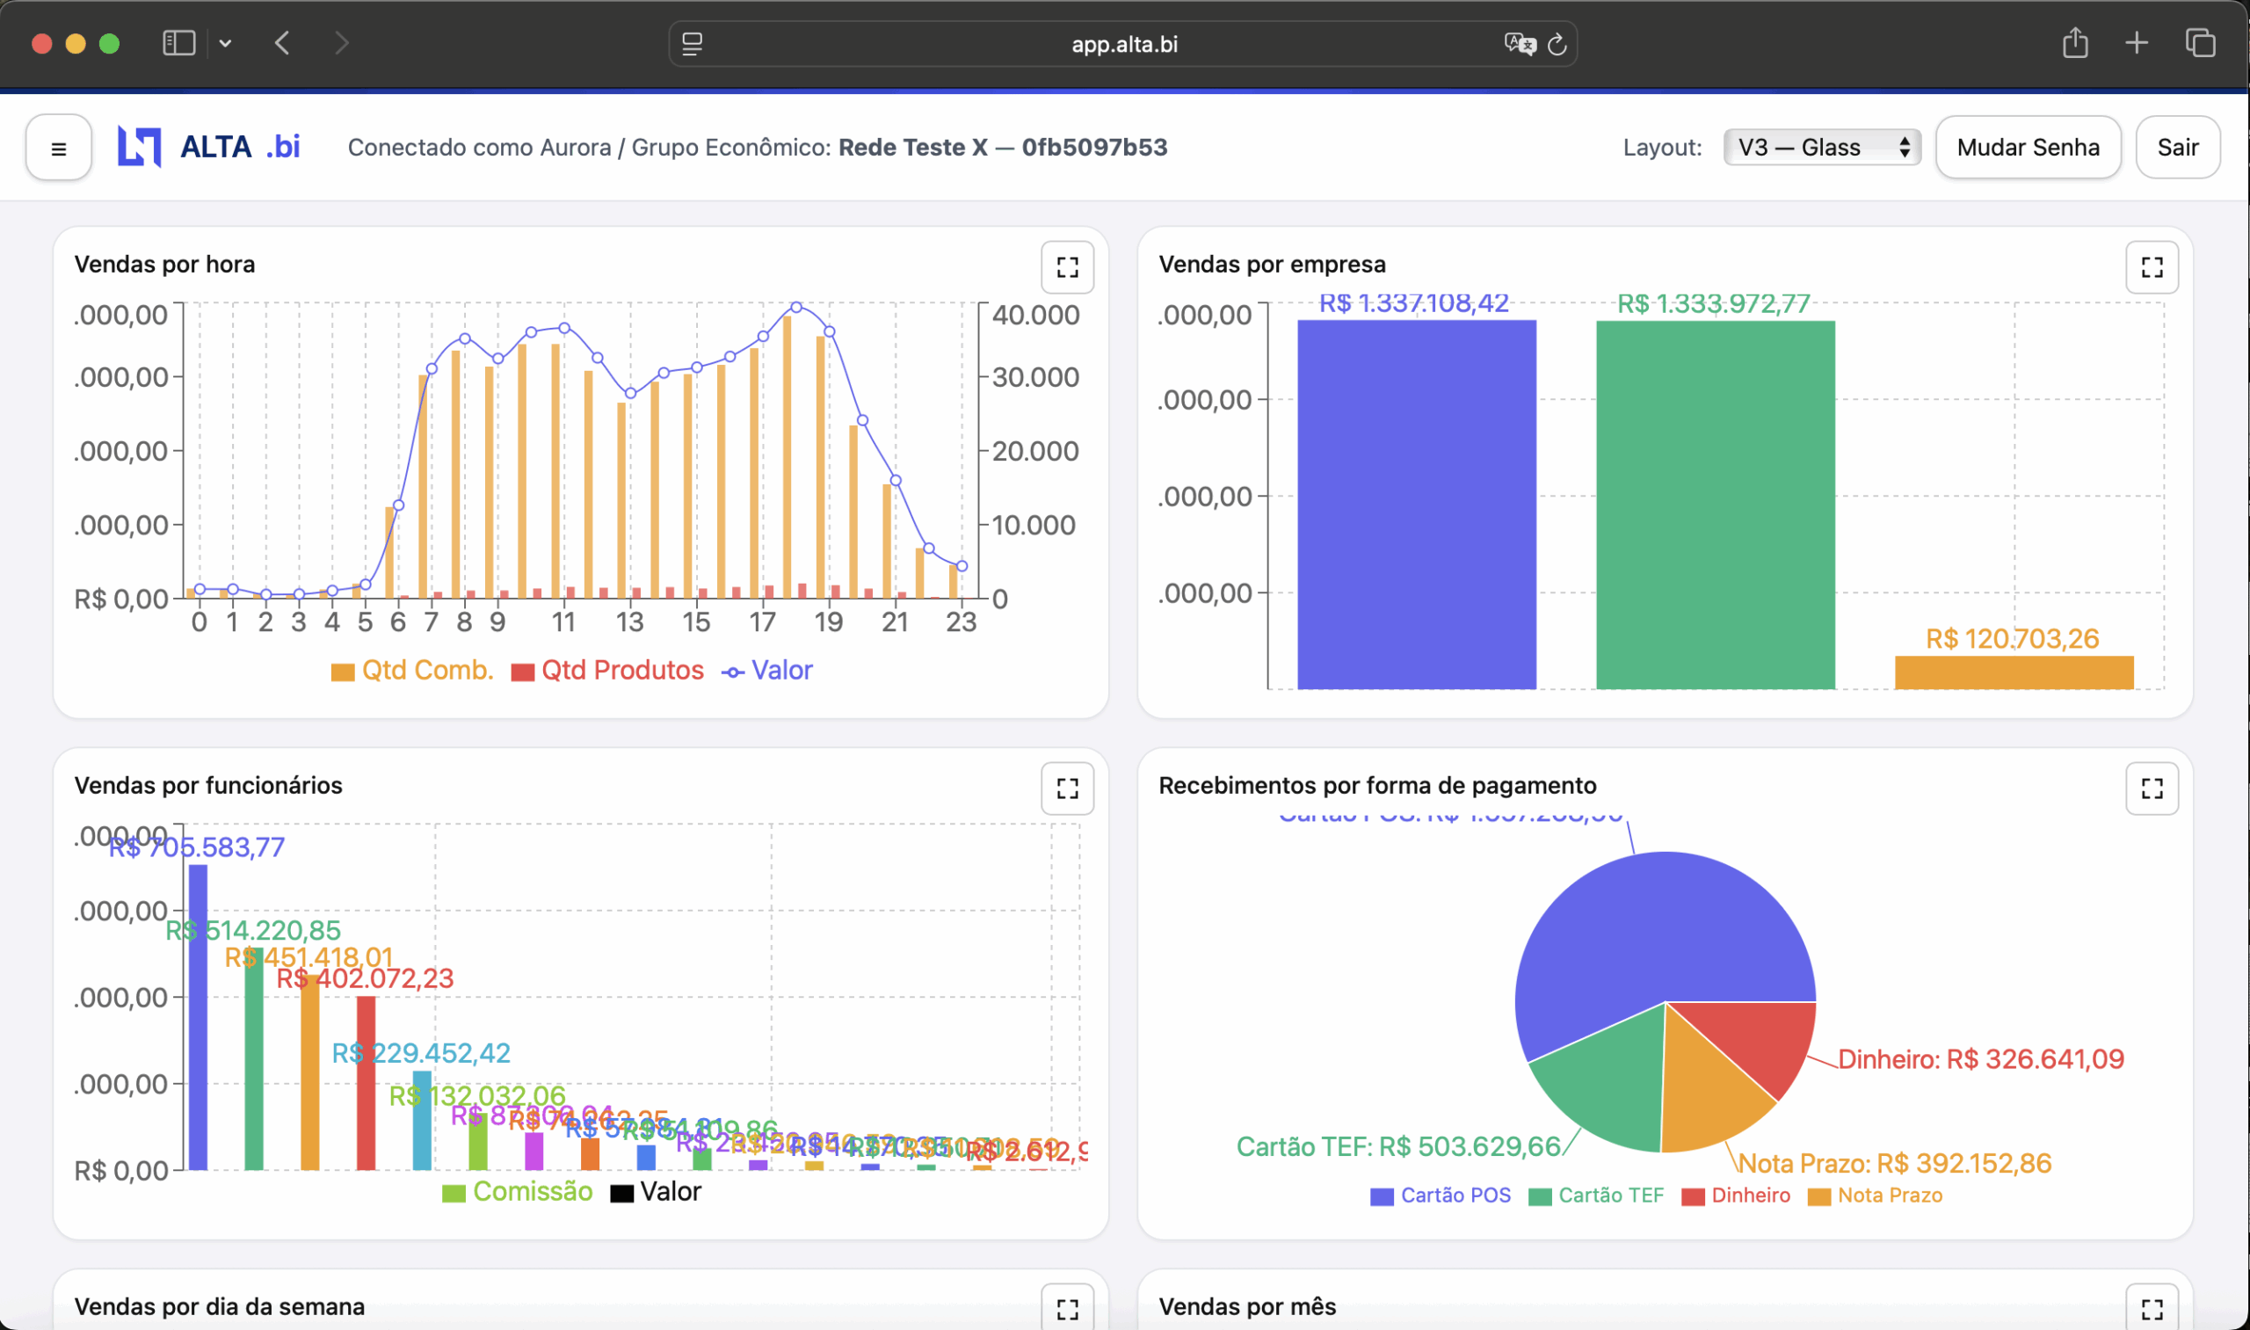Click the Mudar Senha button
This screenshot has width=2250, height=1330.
click(x=2027, y=147)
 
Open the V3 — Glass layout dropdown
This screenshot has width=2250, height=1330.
click(x=1821, y=147)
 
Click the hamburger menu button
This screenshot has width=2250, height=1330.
click(x=58, y=148)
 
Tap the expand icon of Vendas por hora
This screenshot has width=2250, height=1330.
click(x=1066, y=267)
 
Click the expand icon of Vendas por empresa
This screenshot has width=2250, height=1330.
click(x=2151, y=267)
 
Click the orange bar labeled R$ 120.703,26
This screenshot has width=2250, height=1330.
click(x=2013, y=672)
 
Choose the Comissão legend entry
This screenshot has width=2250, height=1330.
click(x=518, y=1192)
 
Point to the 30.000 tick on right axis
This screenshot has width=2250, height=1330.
click(x=1035, y=377)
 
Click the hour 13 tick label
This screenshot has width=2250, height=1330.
click(x=629, y=622)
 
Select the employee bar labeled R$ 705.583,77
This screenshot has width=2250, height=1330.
click(x=198, y=1016)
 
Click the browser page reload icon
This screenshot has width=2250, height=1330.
click(x=1557, y=44)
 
